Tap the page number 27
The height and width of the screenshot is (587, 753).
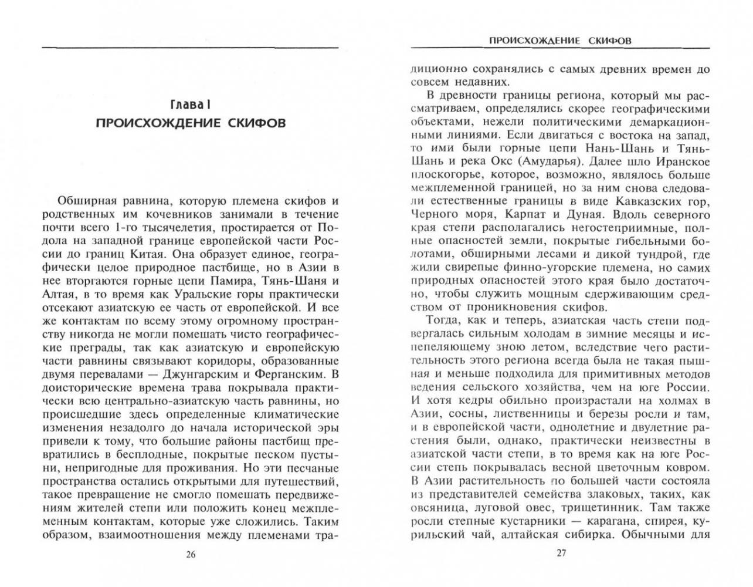pyautogui.click(x=561, y=554)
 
